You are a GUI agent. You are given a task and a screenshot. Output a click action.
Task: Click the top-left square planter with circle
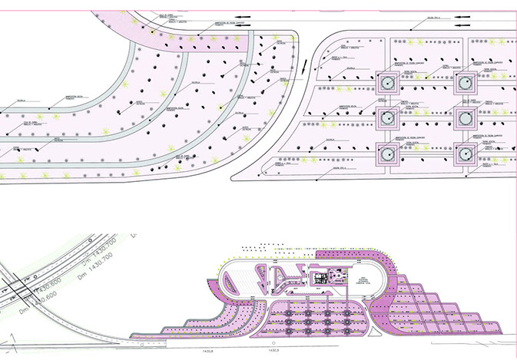click(x=387, y=82)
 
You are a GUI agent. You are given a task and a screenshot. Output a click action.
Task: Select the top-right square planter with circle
click(x=463, y=82)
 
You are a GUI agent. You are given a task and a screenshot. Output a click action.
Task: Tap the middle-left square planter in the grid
click(x=387, y=118)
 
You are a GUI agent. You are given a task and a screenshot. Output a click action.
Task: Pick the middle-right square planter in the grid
click(x=463, y=118)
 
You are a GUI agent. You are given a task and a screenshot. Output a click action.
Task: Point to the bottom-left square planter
click(x=387, y=154)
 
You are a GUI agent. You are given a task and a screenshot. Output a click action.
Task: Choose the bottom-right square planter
click(x=463, y=154)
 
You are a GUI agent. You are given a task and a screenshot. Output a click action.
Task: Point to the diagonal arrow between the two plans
click(x=306, y=69)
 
